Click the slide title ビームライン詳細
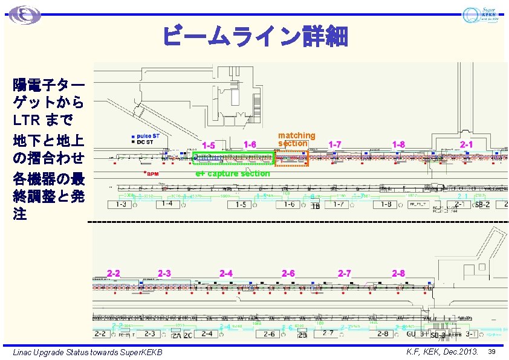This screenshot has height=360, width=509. (x=254, y=36)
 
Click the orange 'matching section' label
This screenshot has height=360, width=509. (x=296, y=139)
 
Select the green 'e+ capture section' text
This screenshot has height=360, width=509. (x=232, y=174)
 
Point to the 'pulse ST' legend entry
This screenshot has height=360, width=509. (x=148, y=136)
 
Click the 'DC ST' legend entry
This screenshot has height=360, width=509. (x=146, y=143)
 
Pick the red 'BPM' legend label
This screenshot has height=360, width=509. (x=152, y=174)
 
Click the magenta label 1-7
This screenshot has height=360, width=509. (x=334, y=144)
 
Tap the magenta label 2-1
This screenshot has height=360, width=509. (x=467, y=144)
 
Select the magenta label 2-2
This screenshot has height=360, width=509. (x=114, y=273)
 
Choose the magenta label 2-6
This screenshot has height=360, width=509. (x=288, y=274)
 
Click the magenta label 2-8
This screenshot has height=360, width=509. (x=398, y=274)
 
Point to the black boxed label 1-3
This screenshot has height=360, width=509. (x=120, y=205)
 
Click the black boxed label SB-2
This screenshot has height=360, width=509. (x=482, y=205)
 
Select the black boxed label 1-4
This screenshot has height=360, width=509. (x=167, y=204)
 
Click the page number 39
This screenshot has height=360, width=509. (x=492, y=352)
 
